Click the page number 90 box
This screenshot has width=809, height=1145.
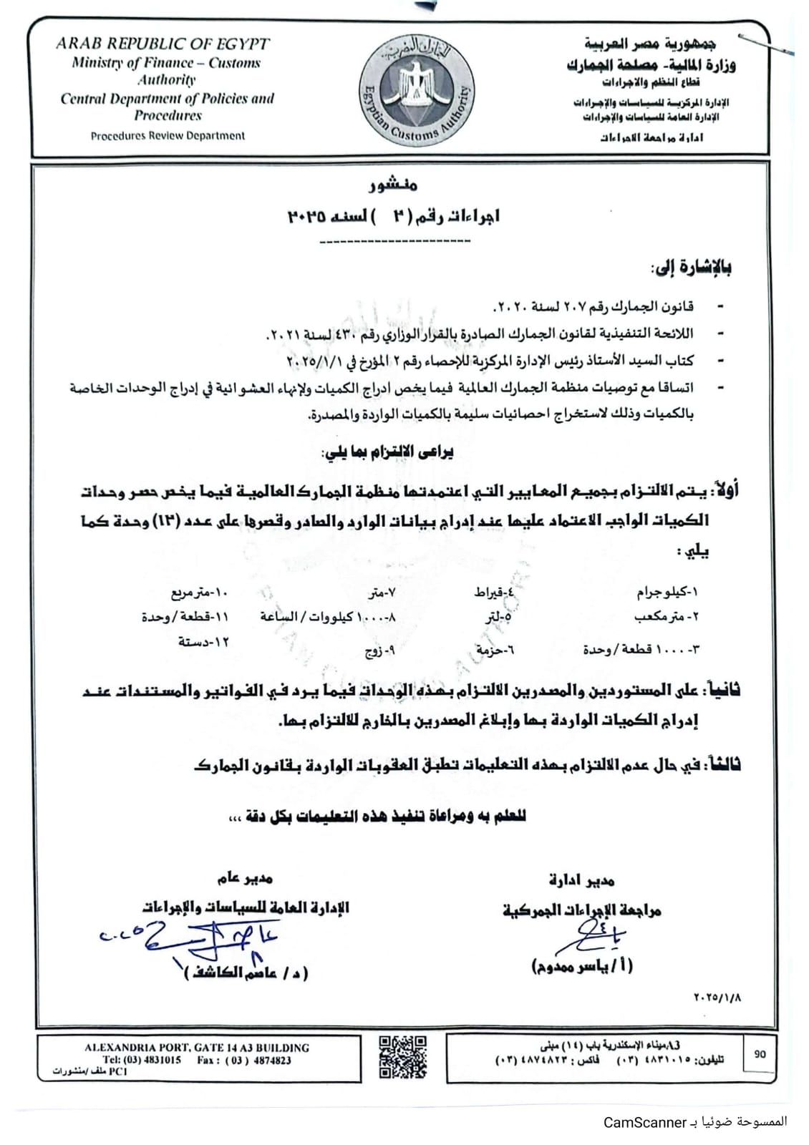pos(759,1053)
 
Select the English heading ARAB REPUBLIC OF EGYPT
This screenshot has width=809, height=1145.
pos(163,44)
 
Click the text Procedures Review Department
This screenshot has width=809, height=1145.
pos(168,135)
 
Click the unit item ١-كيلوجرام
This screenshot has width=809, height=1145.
pos(667,593)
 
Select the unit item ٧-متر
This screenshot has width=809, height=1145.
pos(382,593)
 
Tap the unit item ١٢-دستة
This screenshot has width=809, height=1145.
pos(204,642)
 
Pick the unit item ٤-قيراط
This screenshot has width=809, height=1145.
pos(495,593)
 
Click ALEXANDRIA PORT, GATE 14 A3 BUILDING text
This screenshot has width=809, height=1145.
pos(197,1048)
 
